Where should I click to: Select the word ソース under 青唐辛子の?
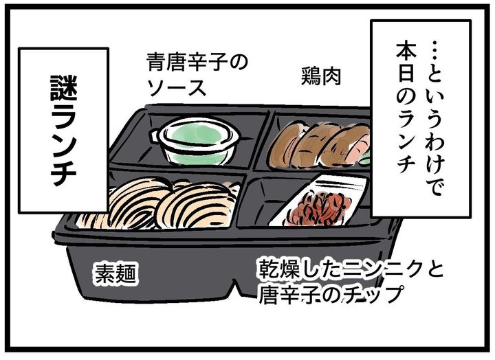(175, 88)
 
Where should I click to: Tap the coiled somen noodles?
(165, 203)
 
